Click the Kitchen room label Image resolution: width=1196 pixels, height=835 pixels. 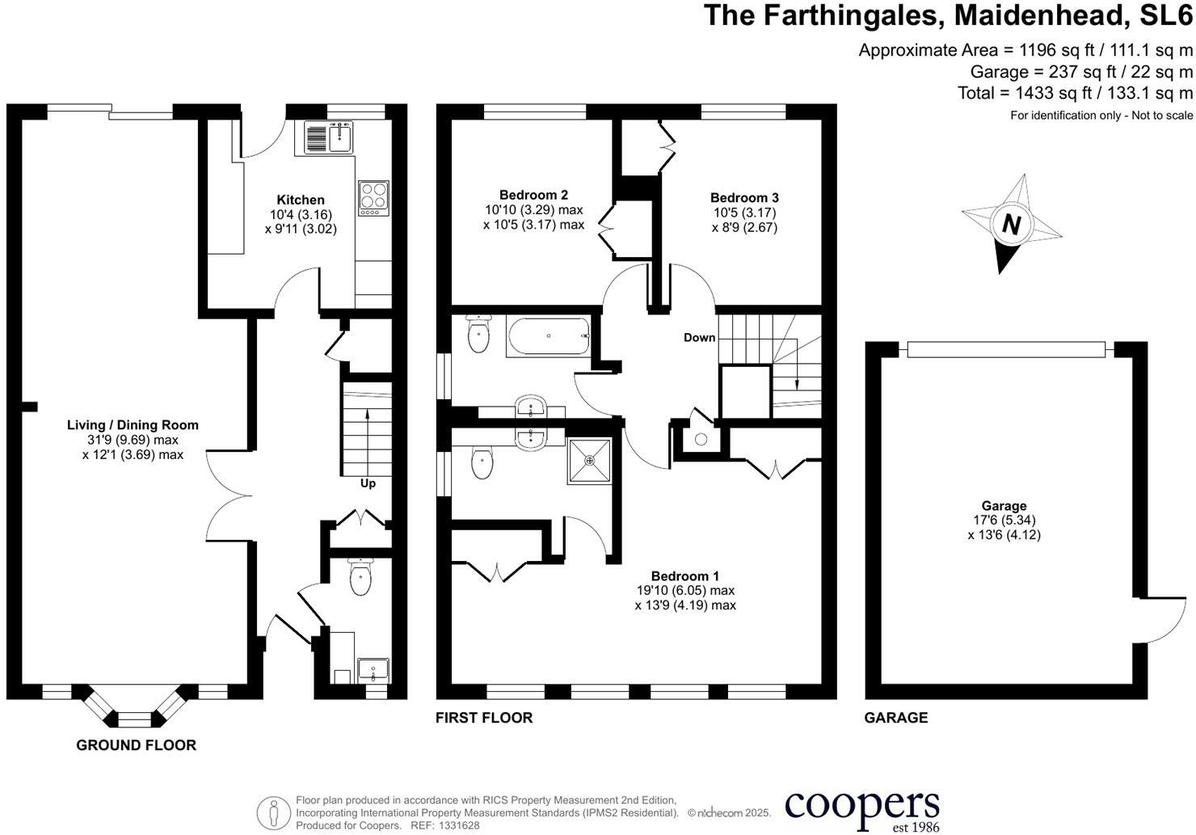click(x=301, y=200)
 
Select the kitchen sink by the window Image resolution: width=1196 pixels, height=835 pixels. click(x=329, y=137)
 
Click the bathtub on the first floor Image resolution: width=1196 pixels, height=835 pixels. click(x=549, y=336)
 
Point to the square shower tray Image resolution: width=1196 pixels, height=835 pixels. click(x=589, y=461)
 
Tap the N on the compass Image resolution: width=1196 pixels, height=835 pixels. click(x=1011, y=225)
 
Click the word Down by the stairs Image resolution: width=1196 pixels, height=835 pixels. click(x=700, y=338)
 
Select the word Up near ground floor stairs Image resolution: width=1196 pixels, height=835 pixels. click(x=368, y=483)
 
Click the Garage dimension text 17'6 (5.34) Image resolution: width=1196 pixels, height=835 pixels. click(x=1004, y=520)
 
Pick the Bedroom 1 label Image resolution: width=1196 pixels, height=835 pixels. click(x=685, y=576)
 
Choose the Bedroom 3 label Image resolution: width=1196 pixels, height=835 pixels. click(x=744, y=198)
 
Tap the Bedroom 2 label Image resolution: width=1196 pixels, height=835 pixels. click(x=533, y=195)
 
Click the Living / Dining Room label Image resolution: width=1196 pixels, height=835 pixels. click(x=133, y=425)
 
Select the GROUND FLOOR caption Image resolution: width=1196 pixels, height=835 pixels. click(x=136, y=745)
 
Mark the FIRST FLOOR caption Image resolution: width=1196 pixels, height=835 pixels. click(x=484, y=718)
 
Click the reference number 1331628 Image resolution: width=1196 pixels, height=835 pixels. click(x=458, y=825)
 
